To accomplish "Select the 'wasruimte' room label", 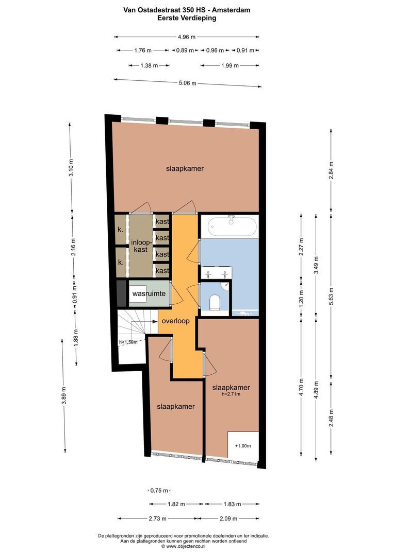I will (x=149, y=294).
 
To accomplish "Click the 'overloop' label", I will (x=175, y=320).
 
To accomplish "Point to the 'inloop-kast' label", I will (x=141, y=246).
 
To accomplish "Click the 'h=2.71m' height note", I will (x=232, y=395).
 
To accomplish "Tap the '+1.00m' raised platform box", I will (x=242, y=446).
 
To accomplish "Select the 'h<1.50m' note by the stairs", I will (x=128, y=342).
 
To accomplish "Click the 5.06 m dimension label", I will (x=187, y=83).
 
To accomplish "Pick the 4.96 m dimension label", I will (x=186, y=37).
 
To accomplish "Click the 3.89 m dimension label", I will (x=64, y=395).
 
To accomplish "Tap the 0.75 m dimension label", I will (x=159, y=490).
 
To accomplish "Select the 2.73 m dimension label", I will (x=158, y=518).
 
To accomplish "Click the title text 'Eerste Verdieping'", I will (x=187, y=18).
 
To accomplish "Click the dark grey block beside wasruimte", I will (x=121, y=294).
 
